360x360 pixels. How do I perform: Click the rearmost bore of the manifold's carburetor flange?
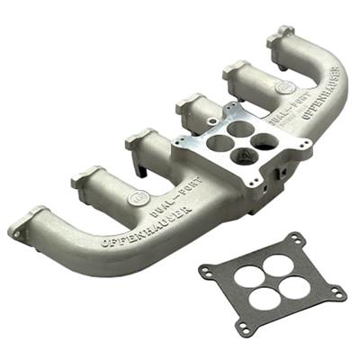click(x=238, y=129)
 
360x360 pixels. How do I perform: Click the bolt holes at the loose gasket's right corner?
click(x=336, y=292)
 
